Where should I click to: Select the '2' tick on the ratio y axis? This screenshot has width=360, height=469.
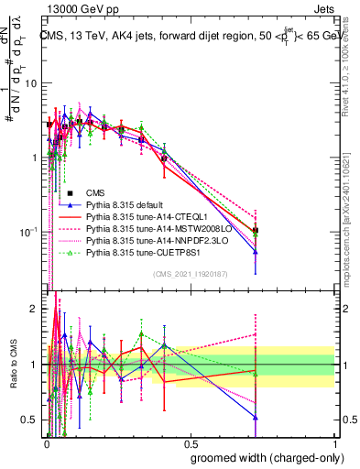click(35, 309)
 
